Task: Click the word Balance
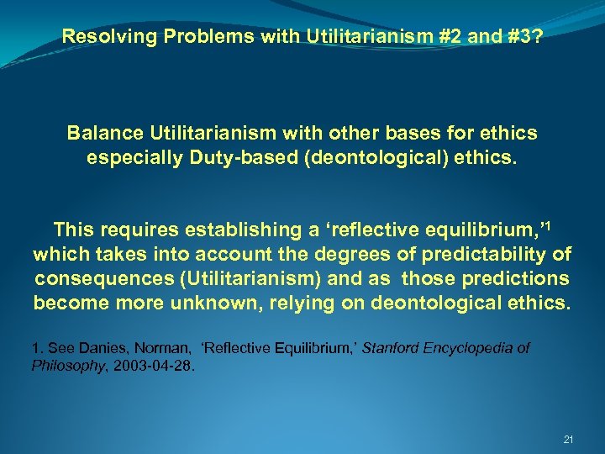[x=103, y=133]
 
